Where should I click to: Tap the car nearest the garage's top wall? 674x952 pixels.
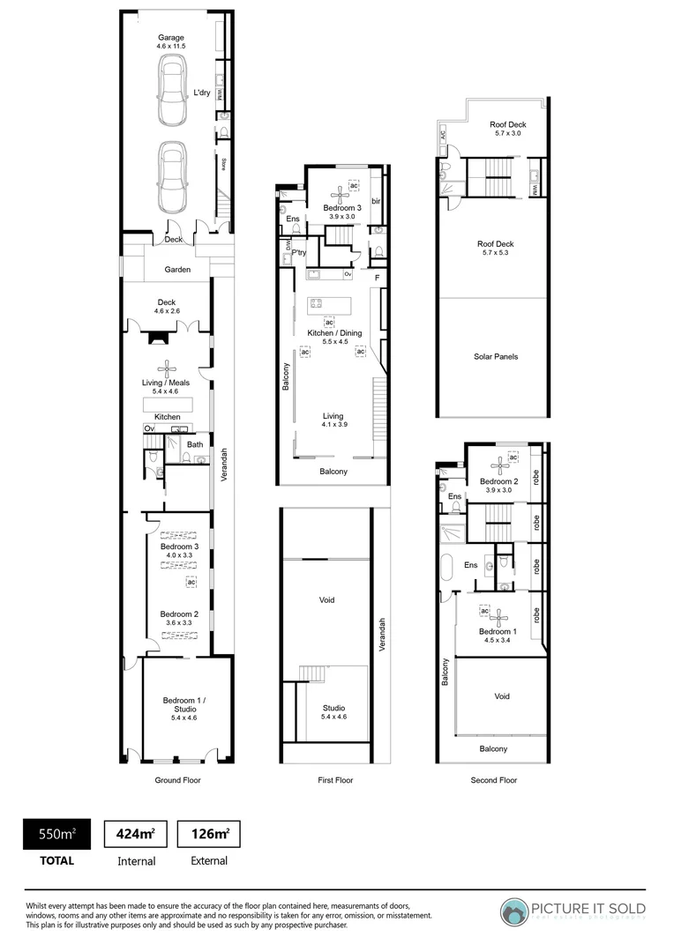pyautogui.click(x=171, y=90)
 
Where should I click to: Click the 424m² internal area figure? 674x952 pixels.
pyautogui.click(x=135, y=834)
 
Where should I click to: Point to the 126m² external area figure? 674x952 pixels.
pyautogui.click(x=209, y=834)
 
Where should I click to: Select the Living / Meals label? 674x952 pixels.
pyautogui.click(x=168, y=383)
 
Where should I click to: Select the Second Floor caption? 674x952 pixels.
pyautogui.click(x=493, y=780)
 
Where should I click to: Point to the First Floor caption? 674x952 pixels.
pyautogui.click(x=334, y=780)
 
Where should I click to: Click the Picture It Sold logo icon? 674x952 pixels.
pyautogui.click(x=514, y=911)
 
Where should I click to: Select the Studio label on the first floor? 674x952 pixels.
pyautogui.click(x=334, y=712)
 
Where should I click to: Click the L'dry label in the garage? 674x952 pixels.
pyautogui.click(x=203, y=93)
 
